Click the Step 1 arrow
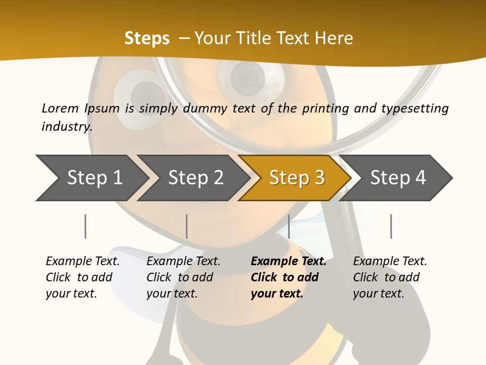point(91,178)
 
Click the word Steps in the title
point(147,38)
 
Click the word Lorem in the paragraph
point(60,108)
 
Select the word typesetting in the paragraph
point(415,108)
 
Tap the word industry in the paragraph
point(66,127)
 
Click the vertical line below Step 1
point(86,226)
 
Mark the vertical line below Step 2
point(187,226)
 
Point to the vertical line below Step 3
point(289,226)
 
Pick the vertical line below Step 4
point(391,226)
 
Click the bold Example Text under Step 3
point(289,261)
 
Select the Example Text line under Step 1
point(83,261)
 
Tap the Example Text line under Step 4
point(390,261)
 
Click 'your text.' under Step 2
point(172,294)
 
